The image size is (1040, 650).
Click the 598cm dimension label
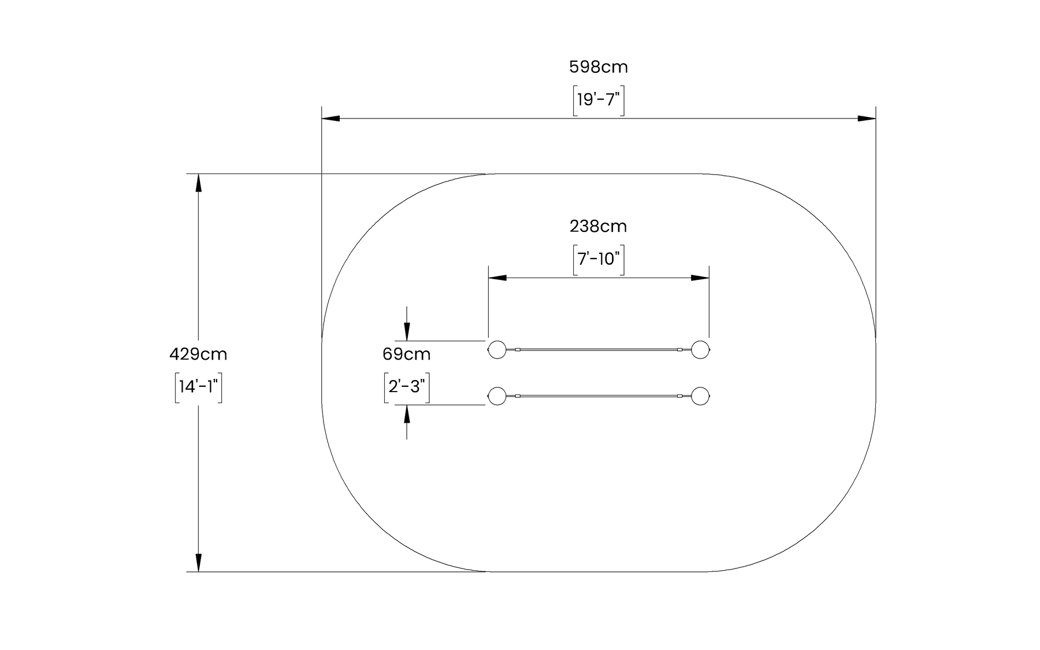(598, 68)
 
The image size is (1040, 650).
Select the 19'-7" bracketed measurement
(598, 101)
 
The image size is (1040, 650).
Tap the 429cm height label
(198, 354)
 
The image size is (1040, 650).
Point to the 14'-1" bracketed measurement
(198, 387)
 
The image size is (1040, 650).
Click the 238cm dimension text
(598, 226)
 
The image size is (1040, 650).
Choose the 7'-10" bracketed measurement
(598, 259)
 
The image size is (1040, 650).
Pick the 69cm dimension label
(406, 354)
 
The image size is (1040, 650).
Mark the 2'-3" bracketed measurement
(406, 387)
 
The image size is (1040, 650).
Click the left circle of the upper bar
(497, 349)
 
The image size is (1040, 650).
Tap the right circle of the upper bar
(701, 349)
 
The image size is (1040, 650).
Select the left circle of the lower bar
(497, 396)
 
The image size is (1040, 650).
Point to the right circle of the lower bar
(701, 396)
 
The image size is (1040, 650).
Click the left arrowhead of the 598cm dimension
(330, 119)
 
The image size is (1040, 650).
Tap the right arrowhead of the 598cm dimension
(867, 119)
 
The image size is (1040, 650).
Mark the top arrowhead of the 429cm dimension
(198, 182)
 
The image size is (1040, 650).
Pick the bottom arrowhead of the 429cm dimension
(198, 563)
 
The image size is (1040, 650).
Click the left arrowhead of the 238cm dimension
(497, 278)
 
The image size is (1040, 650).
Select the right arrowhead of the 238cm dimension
(700, 278)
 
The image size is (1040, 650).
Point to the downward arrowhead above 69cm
(407, 332)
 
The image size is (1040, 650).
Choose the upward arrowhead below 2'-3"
(407, 414)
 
